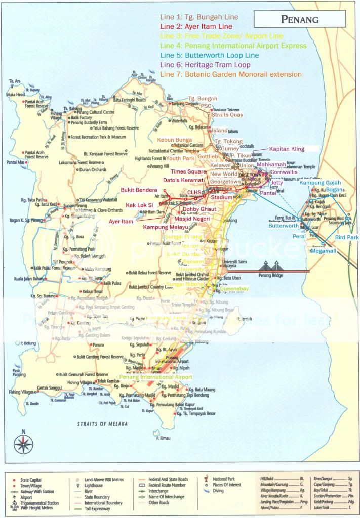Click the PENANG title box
pyautogui.click(x=299, y=20)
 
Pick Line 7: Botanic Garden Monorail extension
pyautogui.click(x=230, y=74)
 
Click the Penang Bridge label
pyautogui.click(x=273, y=278)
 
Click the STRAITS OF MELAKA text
pyautogui.click(x=102, y=424)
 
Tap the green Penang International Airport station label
pyautogui.click(x=156, y=377)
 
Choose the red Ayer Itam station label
pyautogui.click(x=122, y=221)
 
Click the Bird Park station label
pyautogui.click(x=347, y=237)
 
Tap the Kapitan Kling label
pyautogui.click(x=287, y=149)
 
